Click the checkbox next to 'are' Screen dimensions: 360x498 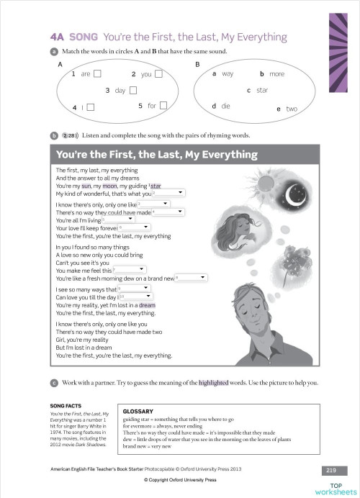[x=97, y=73]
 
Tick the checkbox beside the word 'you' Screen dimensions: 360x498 [x=159, y=73]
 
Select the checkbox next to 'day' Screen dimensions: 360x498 [x=132, y=90]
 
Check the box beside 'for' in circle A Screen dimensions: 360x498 [x=163, y=106]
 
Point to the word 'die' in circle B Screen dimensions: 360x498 [x=225, y=106]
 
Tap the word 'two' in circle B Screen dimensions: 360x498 [x=291, y=109]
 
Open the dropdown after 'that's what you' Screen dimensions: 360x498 [x=169, y=194]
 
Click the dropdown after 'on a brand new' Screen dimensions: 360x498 [x=192, y=278]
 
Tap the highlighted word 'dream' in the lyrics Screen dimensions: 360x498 [x=147, y=305]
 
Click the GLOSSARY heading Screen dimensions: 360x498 [x=138, y=411]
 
